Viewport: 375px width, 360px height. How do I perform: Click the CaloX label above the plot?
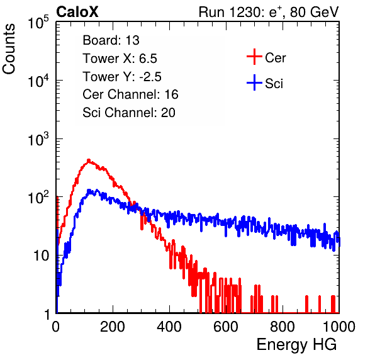77,12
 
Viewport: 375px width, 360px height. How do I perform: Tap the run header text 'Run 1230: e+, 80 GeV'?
269,12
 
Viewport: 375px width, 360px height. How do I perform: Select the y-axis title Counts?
9,49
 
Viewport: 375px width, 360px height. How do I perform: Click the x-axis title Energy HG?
296,345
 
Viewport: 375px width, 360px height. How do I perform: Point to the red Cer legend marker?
254,57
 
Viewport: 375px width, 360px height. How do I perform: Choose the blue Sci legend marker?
254,82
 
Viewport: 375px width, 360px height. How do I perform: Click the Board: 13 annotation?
111,40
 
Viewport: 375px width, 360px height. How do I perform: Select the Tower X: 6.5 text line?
120,59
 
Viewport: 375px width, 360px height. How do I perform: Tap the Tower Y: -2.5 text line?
122,77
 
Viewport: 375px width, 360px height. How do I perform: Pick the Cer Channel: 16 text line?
130,94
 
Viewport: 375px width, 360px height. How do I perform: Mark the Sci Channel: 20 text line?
129,113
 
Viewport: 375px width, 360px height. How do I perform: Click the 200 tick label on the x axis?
113,327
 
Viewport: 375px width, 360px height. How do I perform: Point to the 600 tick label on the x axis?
226,327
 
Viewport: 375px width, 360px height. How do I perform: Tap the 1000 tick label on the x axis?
339,327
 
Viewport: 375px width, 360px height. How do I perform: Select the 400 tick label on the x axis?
169,327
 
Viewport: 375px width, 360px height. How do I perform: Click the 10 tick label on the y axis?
42,256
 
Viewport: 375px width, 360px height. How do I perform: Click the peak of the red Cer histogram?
89,160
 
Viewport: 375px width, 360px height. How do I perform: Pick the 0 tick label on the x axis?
56,327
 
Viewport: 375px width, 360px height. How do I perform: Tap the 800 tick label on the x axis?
283,327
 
